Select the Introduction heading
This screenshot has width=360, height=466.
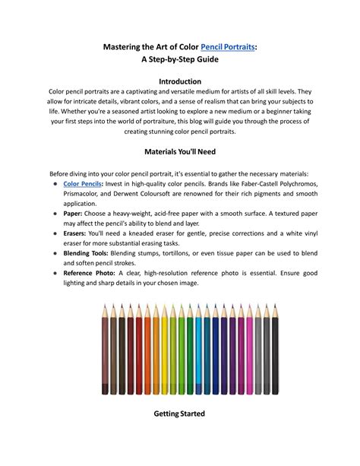[180, 81]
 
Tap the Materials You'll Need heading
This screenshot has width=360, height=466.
[180, 152]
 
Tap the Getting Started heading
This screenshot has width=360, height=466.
[180, 414]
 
